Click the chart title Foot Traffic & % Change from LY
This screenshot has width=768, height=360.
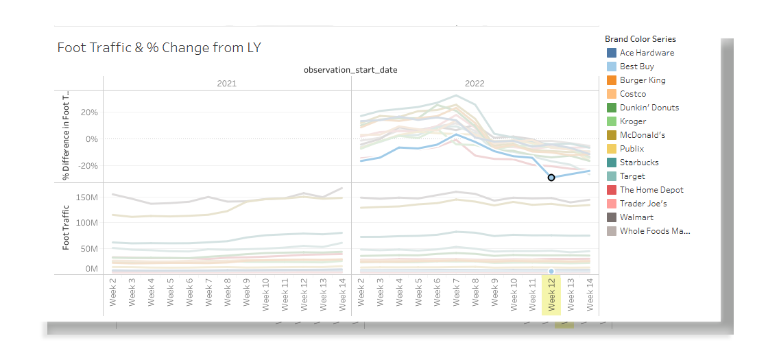pos(159,47)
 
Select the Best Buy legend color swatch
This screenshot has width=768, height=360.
pos(612,67)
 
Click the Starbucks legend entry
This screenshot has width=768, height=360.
pos(639,163)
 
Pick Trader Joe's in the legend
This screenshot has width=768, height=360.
pos(643,204)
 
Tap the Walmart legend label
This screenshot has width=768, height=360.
pos(636,217)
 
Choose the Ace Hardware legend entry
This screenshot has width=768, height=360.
pos(647,53)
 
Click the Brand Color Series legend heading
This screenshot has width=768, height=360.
pos(640,39)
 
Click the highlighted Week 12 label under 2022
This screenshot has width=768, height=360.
pos(551,296)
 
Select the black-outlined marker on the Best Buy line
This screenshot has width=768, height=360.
pos(551,178)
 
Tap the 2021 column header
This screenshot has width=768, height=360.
pos(226,83)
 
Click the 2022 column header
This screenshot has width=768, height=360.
pos(475,83)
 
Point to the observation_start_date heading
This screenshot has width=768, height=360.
pos(350,70)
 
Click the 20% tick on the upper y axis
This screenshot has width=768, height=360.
pos(90,112)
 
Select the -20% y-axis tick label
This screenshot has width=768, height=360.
pos(88,166)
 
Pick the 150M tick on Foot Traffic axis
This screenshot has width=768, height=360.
pos(87,198)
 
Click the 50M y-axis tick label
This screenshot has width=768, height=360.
pos(89,248)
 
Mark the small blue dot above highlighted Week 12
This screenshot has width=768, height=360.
pos(551,272)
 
